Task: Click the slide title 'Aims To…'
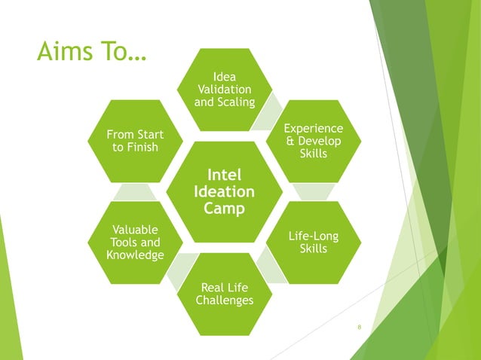coord(91,53)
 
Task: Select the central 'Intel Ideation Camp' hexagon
coord(224,192)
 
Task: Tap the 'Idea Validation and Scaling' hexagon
coord(225,90)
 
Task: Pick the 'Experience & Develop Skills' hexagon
coord(313,141)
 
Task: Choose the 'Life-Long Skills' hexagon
coord(313,243)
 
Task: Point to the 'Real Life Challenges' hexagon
coord(224,294)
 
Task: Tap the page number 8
coord(360,328)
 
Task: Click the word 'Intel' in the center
coord(224,175)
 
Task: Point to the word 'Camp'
coord(224,209)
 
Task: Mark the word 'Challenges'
coord(224,301)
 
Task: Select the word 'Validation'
coord(225,90)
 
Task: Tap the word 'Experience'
coord(313,129)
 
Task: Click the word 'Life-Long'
coord(313,236)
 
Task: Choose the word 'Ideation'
coord(224,192)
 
